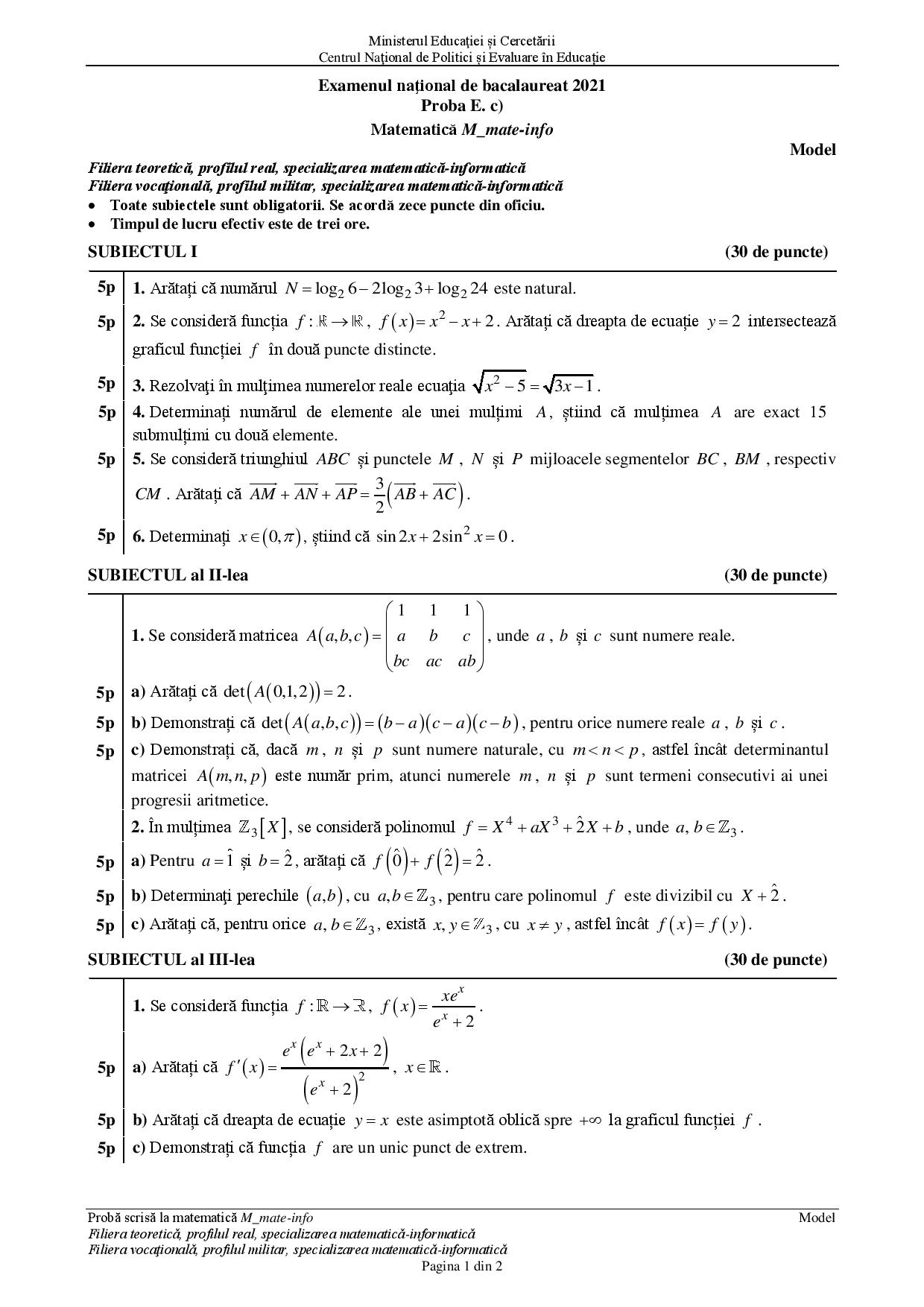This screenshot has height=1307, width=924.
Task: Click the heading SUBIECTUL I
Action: tap(142, 252)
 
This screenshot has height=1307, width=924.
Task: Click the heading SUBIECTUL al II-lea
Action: tap(168, 575)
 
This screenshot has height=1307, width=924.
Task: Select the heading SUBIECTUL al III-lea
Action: tap(171, 960)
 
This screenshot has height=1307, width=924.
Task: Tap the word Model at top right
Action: tap(812, 150)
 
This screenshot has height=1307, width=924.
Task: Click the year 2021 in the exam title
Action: tap(589, 86)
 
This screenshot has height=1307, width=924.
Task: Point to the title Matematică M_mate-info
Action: tap(462, 130)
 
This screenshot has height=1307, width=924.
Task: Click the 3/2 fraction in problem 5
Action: tap(379, 494)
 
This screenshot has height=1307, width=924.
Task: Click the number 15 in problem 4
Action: tap(817, 412)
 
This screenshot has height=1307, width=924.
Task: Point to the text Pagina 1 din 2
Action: tap(462, 1266)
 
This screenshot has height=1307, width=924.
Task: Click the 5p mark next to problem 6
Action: tap(107, 535)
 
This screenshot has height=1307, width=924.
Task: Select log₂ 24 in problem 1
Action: tap(463, 289)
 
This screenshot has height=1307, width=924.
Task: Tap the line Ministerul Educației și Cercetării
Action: tap(462, 42)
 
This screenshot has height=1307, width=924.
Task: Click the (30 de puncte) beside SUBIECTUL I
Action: tap(776, 252)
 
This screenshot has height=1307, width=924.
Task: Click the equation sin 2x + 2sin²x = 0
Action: tap(444, 537)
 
